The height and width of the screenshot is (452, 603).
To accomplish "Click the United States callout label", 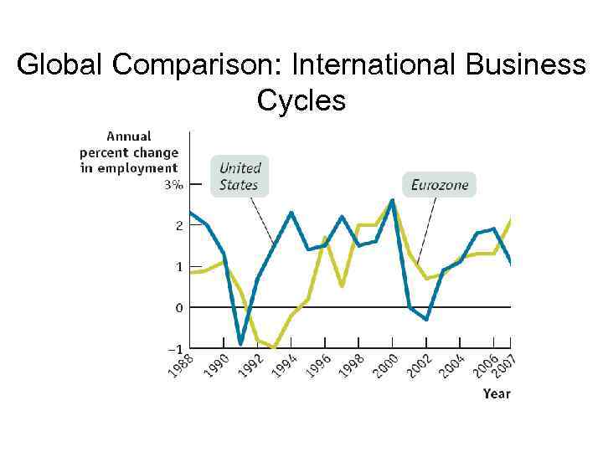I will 239,177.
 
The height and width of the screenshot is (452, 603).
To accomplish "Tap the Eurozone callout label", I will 439,185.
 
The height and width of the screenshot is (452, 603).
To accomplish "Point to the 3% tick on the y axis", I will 173,185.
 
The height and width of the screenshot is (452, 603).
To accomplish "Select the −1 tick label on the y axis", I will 173,347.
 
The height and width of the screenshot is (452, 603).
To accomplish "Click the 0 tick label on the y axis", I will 178,308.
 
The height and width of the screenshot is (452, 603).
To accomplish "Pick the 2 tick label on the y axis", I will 178,226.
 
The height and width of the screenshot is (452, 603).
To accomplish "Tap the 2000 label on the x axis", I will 385,365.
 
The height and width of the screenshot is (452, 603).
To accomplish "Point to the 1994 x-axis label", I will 285,365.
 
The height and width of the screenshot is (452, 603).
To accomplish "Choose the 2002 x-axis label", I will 419,365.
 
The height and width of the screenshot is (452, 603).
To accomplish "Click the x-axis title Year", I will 497,393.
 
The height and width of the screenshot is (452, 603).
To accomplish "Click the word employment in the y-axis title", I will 137,168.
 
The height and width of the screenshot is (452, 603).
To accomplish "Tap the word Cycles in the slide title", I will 301,101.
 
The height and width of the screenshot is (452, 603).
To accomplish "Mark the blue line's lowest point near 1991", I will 240,343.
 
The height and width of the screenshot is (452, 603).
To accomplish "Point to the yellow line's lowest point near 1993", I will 274,348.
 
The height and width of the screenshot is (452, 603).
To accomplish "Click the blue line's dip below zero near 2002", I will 426,320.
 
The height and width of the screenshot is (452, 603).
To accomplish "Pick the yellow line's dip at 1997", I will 342,286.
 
